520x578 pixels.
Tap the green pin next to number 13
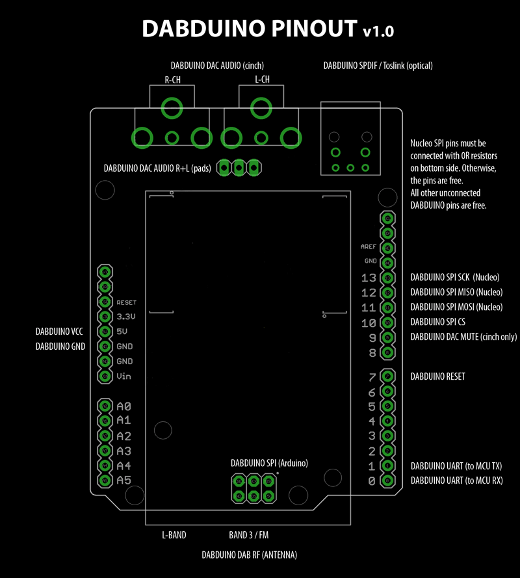click(x=387, y=278)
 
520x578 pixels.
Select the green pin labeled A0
click(x=104, y=406)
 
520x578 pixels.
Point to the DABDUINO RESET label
click(x=437, y=376)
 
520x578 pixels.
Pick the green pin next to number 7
click(x=387, y=376)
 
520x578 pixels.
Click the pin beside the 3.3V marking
click(x=104, y=317)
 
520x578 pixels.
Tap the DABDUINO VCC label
click(x=59, y=332)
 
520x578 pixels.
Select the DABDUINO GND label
click(x=60, y=347)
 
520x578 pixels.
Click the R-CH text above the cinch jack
click(x=172, y=80)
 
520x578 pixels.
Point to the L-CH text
click(x=262, y=80)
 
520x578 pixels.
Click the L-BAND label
click(x=174, y=536)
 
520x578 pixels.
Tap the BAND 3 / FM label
click(x=248, y=536)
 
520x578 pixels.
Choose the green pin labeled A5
click(x=104, y=480)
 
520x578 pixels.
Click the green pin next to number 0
click(x=387, y=481)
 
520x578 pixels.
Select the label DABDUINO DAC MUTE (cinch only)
click(x=463, y=337)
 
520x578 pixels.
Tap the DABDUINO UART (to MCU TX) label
click(x=456, y=466)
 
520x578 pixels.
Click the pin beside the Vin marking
click(x=104, y=376)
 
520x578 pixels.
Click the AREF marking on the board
click(x=369, y=247)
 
